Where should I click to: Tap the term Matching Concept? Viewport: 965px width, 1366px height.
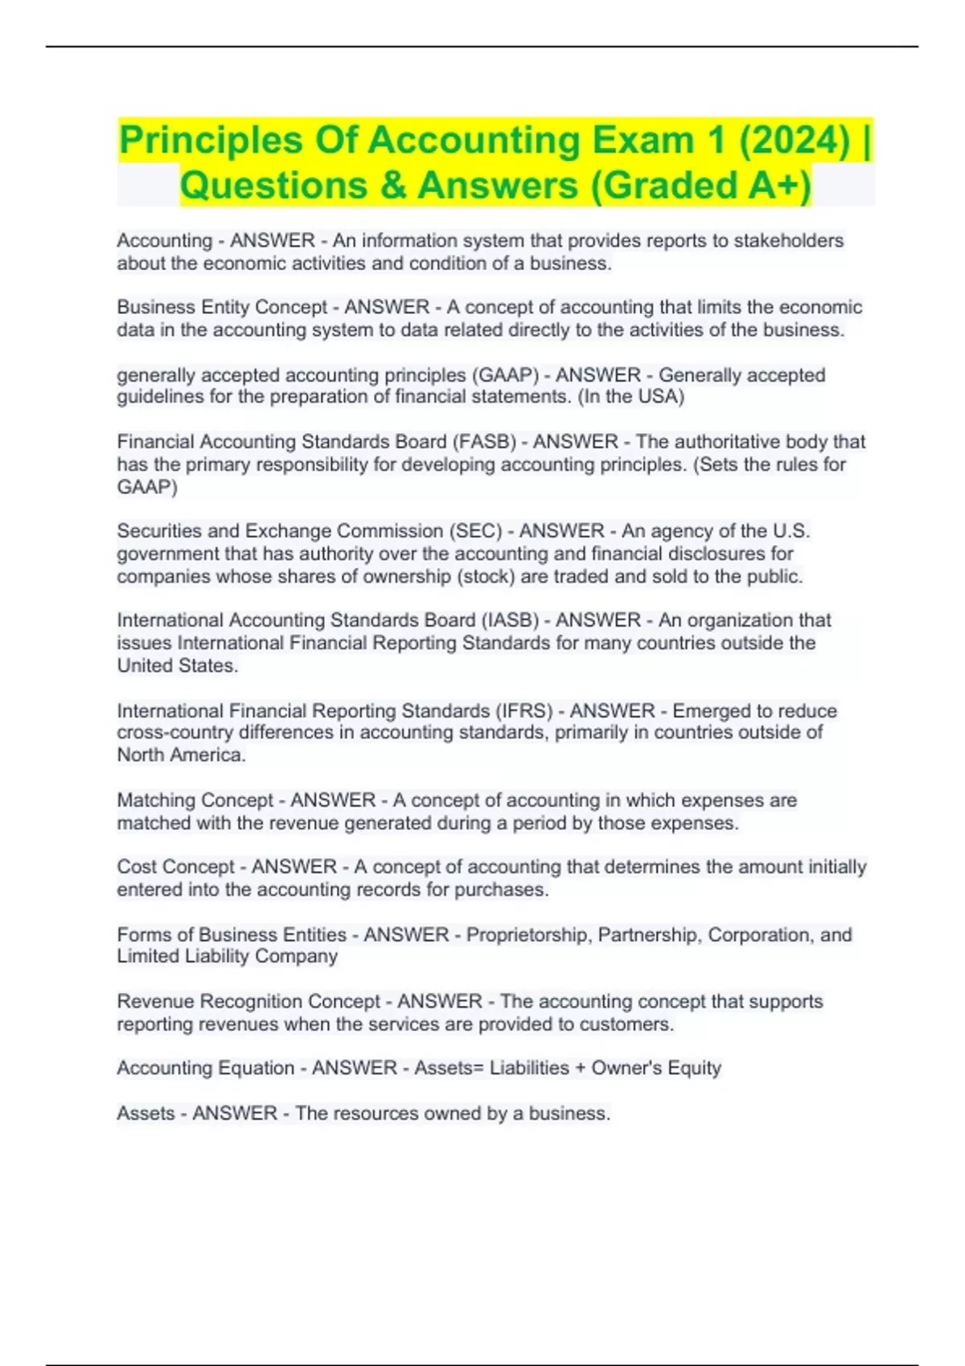coord(195,800)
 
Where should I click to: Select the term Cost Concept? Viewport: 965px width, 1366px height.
coord(175,867)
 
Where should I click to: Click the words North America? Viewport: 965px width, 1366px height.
coord(181,755)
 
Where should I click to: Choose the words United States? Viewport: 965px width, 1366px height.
coord(177,666)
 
